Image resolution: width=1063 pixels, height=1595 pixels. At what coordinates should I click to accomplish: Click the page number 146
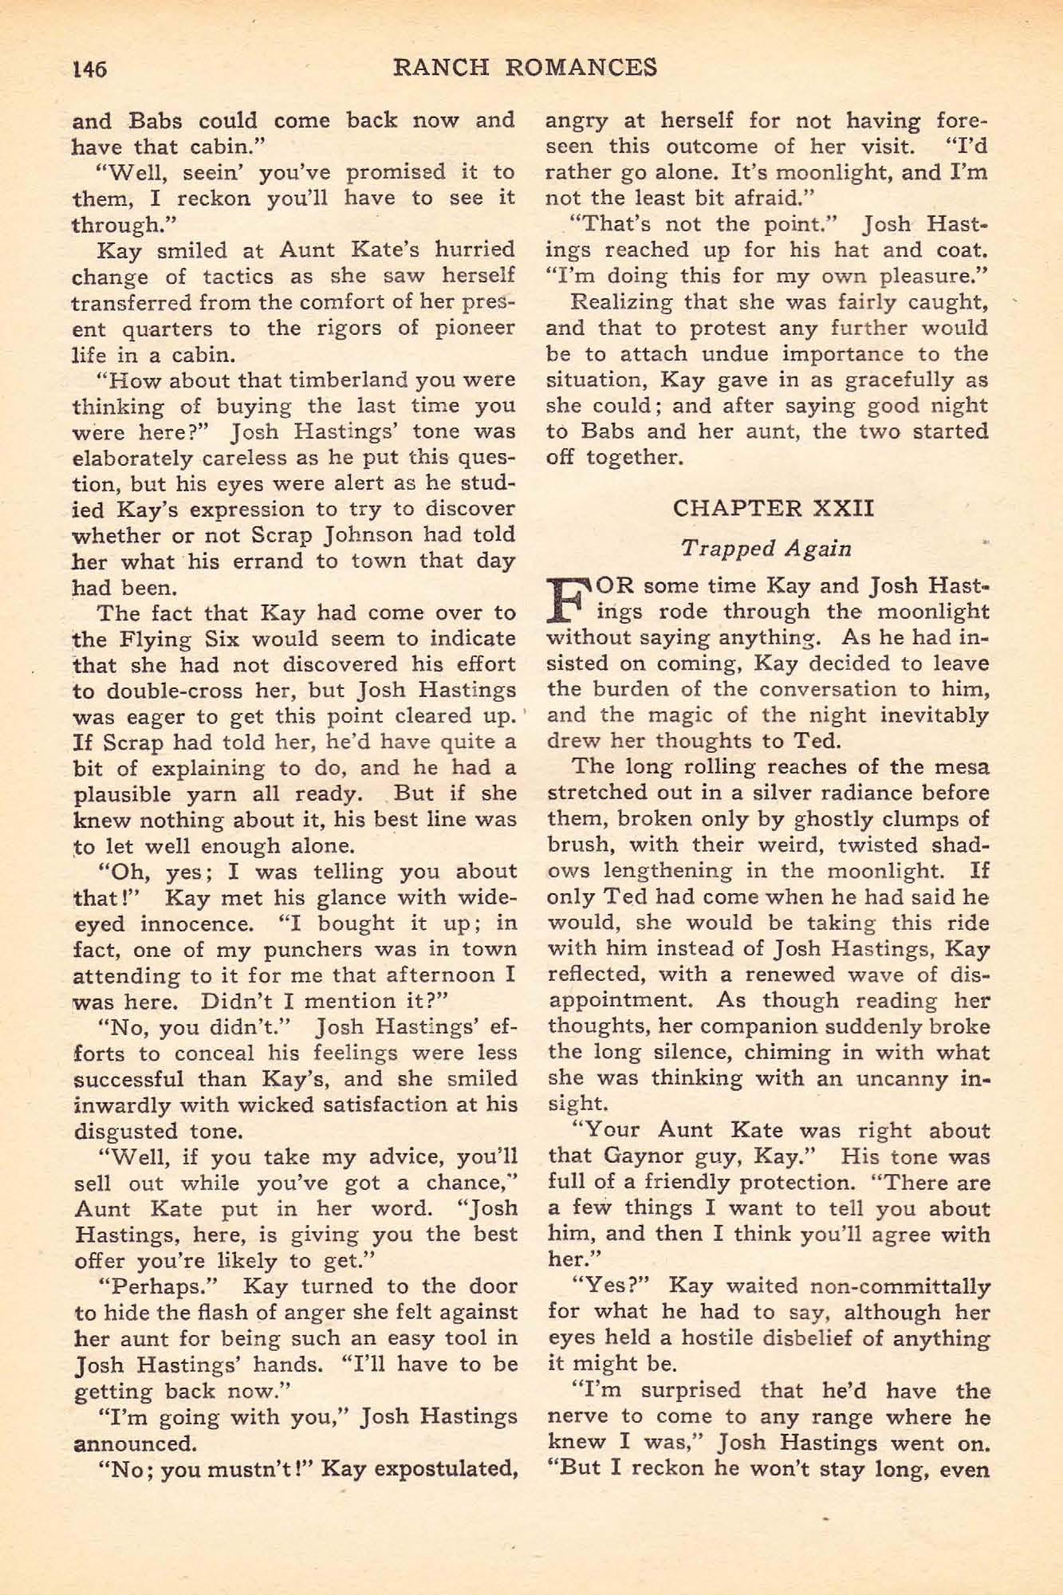pos(89,69)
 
